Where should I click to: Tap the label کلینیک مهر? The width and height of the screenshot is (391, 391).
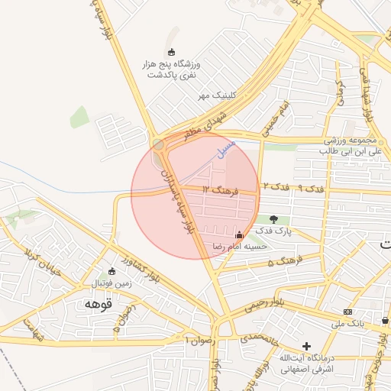215,95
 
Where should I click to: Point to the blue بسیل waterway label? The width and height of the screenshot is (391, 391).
227,149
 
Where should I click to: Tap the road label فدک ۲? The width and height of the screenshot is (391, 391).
276,186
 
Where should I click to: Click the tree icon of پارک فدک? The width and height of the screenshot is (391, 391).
273,219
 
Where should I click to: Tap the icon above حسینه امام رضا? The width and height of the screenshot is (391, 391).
240,235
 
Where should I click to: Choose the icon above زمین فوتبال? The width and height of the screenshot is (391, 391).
112,271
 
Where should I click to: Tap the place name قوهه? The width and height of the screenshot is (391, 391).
99,304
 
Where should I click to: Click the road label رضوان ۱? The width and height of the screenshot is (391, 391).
196,336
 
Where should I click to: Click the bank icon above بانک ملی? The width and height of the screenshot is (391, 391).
348,312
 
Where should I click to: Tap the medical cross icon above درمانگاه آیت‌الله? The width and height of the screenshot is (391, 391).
306,346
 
